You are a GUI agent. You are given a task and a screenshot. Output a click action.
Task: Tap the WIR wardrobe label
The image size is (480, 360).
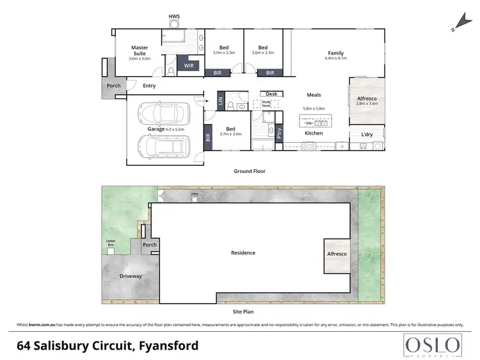189,65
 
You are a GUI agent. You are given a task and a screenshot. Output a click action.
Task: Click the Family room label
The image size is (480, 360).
335,53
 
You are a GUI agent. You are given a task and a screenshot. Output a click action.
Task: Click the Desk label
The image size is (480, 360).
271,94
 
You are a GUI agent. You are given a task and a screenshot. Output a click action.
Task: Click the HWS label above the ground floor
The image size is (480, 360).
173,15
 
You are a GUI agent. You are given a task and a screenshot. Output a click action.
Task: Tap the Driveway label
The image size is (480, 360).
131,277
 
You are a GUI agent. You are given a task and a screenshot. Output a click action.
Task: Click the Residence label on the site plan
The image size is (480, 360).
243,252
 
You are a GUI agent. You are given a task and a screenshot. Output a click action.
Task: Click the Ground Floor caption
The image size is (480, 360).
250,171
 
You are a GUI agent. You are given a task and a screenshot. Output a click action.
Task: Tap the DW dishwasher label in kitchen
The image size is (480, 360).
309,123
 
